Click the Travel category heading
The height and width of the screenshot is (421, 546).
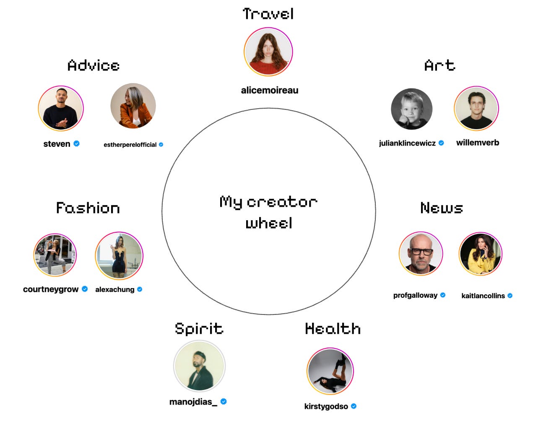point(268,14)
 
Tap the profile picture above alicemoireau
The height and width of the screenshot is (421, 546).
point(268,52)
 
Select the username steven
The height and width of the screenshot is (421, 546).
point(57,144)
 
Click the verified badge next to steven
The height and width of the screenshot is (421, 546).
point(76,143)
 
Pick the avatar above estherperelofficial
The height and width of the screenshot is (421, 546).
point(133,106)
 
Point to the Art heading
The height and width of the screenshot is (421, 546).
point(439,65)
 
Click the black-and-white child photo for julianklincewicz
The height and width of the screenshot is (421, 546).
point(411,109)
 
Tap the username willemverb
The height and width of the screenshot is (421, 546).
point(478,143)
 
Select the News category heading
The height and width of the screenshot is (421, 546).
point(442,208)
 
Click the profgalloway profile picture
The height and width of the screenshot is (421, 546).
point(421,254)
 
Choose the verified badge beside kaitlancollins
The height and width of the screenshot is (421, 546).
point(510,296)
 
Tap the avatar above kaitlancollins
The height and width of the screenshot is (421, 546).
point(481,254)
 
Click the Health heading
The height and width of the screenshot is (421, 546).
point(333,329)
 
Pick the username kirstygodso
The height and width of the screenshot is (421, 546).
point(326,406)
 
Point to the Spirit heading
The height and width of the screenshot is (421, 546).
point(199,329)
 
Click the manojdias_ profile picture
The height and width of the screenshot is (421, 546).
point(199,366)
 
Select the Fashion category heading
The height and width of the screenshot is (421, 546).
point(88,208)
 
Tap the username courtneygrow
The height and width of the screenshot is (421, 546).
point(51,289)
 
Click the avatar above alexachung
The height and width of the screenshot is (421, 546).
point(119,255)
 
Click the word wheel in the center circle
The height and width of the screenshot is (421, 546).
point(269,223)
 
